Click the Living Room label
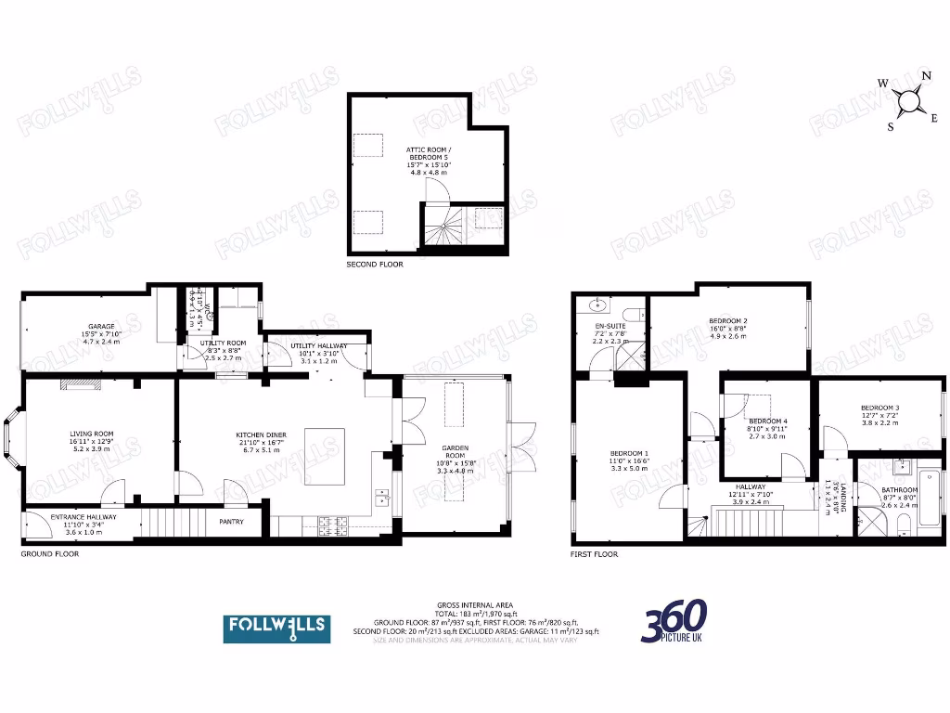click(x=91, y=434)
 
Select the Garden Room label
click(x=456, y=447)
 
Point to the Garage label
click(x=101, y=327)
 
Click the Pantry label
click(x=231, y=522)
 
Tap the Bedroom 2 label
click(x=728, y=321)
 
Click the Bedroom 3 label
click(x=879, y=408)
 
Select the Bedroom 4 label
click(x=767, y=421)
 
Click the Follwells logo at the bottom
click(x=276, y=628)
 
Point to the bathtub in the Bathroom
click(x=931, y=505)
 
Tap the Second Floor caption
click(x=375, y=265)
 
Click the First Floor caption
click(x=594, y=554)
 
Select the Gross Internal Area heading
click(x=476, y=605)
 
